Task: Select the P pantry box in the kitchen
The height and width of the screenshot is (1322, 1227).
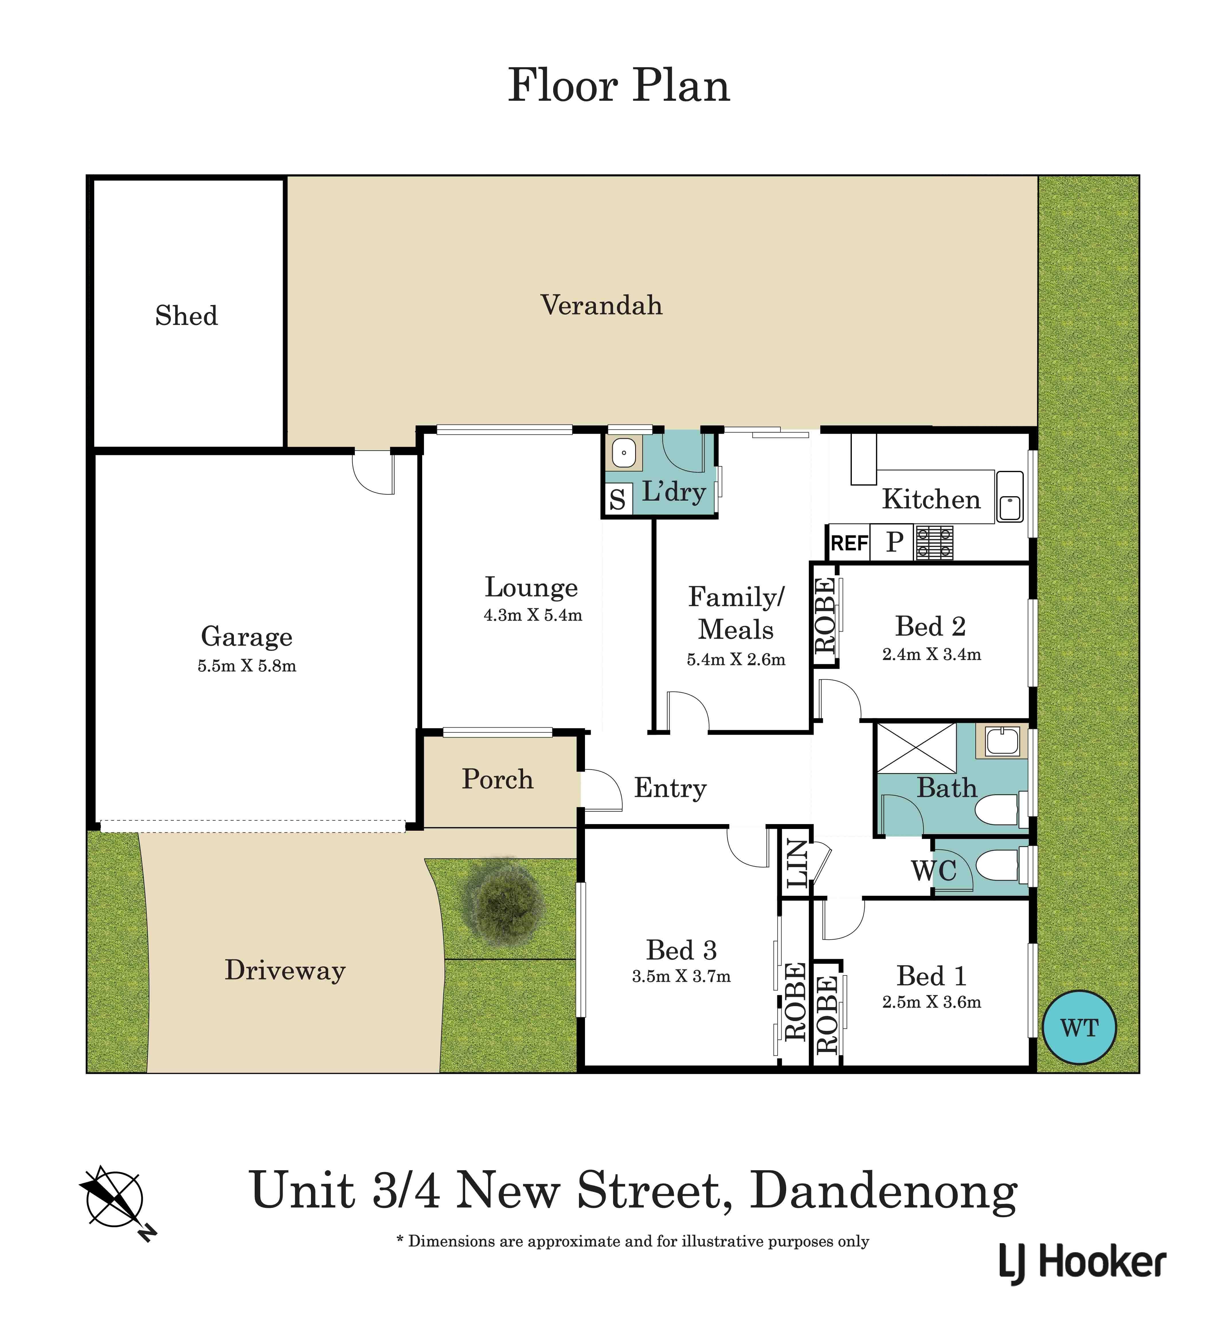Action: pyautogui.click(x=894, y=543)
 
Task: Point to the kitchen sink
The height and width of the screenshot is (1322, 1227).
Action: pyautogui.click(x=1009, y=497)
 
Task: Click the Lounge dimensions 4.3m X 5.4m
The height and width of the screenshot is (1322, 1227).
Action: pyautogui.click(x=533, y=615)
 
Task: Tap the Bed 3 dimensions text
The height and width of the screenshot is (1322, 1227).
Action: pyautogui.click(x=681, y=976)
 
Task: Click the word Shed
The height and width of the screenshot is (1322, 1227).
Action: pyautogui.click(x=187, y=315)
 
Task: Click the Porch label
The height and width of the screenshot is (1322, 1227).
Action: pyautogui.click(x=497, y=779)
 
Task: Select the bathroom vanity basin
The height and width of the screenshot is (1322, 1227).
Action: pyautogui.click(x=1001, y=742)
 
